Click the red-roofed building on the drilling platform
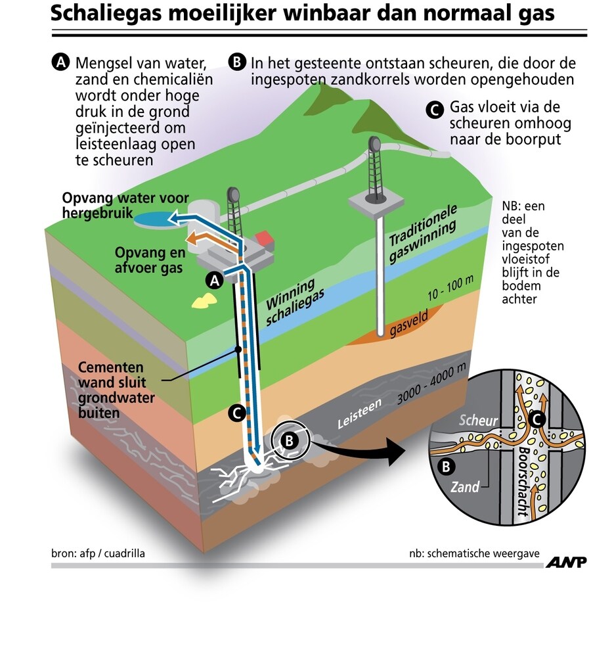click(x=263, y=238)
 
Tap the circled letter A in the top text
click(x=60, y=63)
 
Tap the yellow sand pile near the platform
click(x=204, y=300)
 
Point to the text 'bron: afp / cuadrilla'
click(x=98, y=553)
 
